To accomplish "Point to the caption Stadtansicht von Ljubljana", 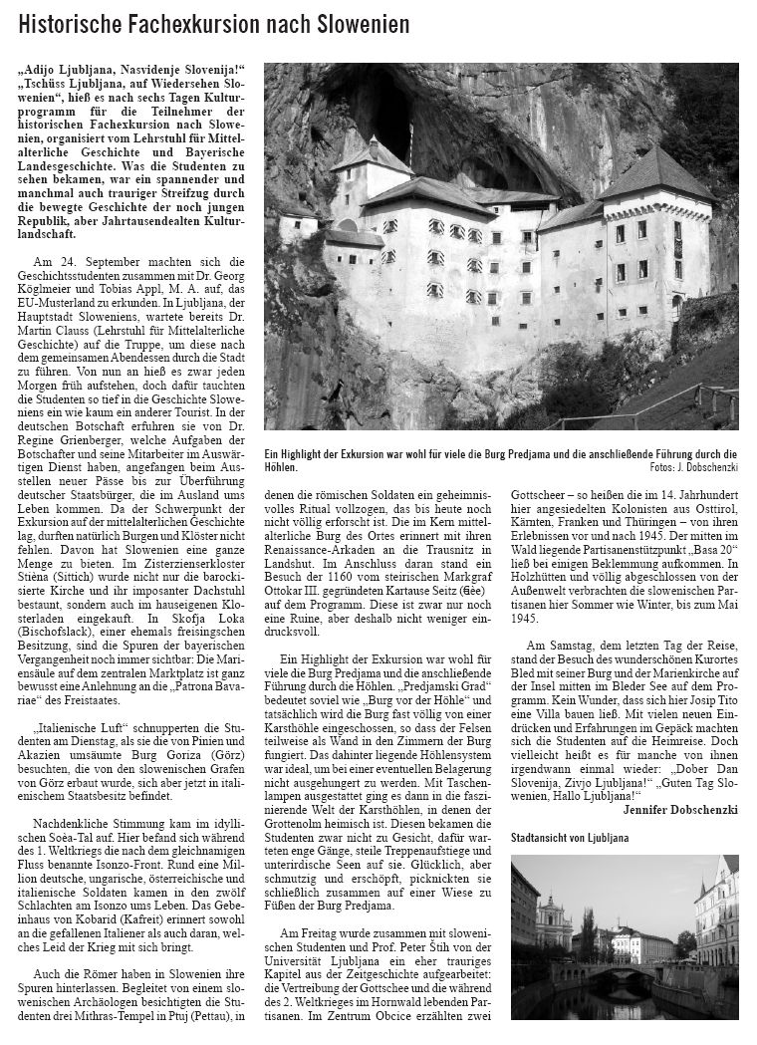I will click(571, 837).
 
